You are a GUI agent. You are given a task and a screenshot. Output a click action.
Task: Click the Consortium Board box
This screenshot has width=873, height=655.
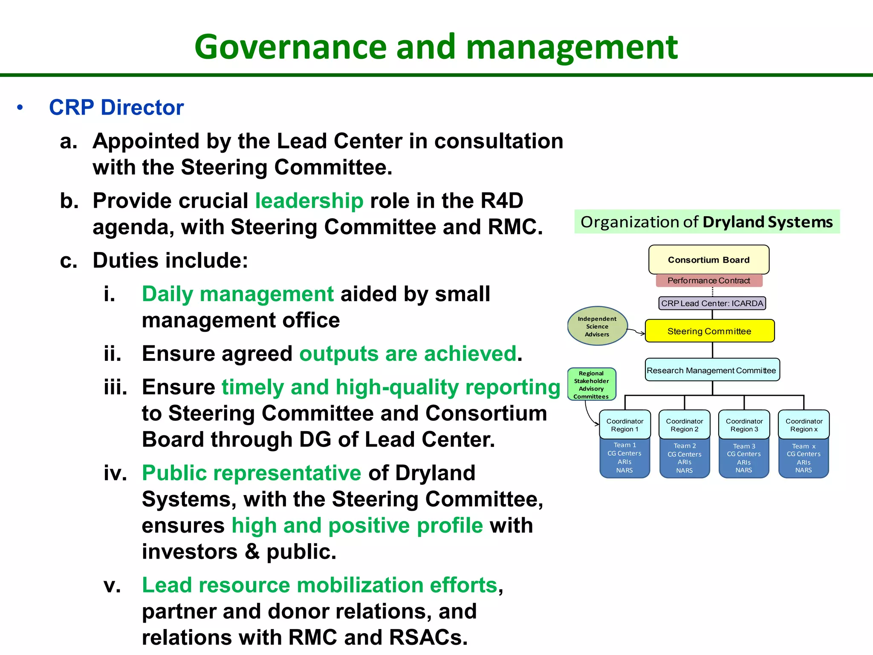(x=708, y=260)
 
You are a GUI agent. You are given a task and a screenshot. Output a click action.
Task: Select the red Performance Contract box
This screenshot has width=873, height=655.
(x=708, y=281)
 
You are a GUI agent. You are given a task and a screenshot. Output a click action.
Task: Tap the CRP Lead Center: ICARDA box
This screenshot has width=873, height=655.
(x=712, y=303)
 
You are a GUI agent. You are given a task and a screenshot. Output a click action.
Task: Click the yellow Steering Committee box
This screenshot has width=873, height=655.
(x=709, y=331)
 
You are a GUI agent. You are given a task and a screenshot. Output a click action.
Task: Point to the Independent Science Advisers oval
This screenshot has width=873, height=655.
(x=597, y=326)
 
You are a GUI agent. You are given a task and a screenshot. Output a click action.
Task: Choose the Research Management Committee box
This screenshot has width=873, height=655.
(x=711, y=370)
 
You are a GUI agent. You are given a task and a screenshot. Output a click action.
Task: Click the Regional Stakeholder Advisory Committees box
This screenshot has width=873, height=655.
(x=591, y=385)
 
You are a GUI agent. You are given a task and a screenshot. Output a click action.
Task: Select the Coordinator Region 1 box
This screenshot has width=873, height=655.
(x=625, y=425)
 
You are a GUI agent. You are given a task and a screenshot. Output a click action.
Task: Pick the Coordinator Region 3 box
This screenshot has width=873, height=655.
(x=744, y=425)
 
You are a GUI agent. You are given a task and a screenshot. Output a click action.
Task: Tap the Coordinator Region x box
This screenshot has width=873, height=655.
(x=804, y=425)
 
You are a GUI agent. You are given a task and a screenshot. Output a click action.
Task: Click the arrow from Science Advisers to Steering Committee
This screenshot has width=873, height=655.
(x=636, y=332)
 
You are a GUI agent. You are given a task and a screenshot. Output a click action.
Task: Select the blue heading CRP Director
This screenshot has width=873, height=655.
(x=116, y=107)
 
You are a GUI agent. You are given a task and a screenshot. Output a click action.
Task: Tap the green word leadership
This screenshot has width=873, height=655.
(x=309, y=201)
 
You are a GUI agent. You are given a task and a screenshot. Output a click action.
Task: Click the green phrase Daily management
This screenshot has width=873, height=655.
(x=237, y=294)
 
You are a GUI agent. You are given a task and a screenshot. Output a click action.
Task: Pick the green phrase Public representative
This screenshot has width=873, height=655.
(x=251, y=473)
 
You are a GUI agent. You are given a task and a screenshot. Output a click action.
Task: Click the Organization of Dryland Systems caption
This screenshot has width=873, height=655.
(x=707, y=222)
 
